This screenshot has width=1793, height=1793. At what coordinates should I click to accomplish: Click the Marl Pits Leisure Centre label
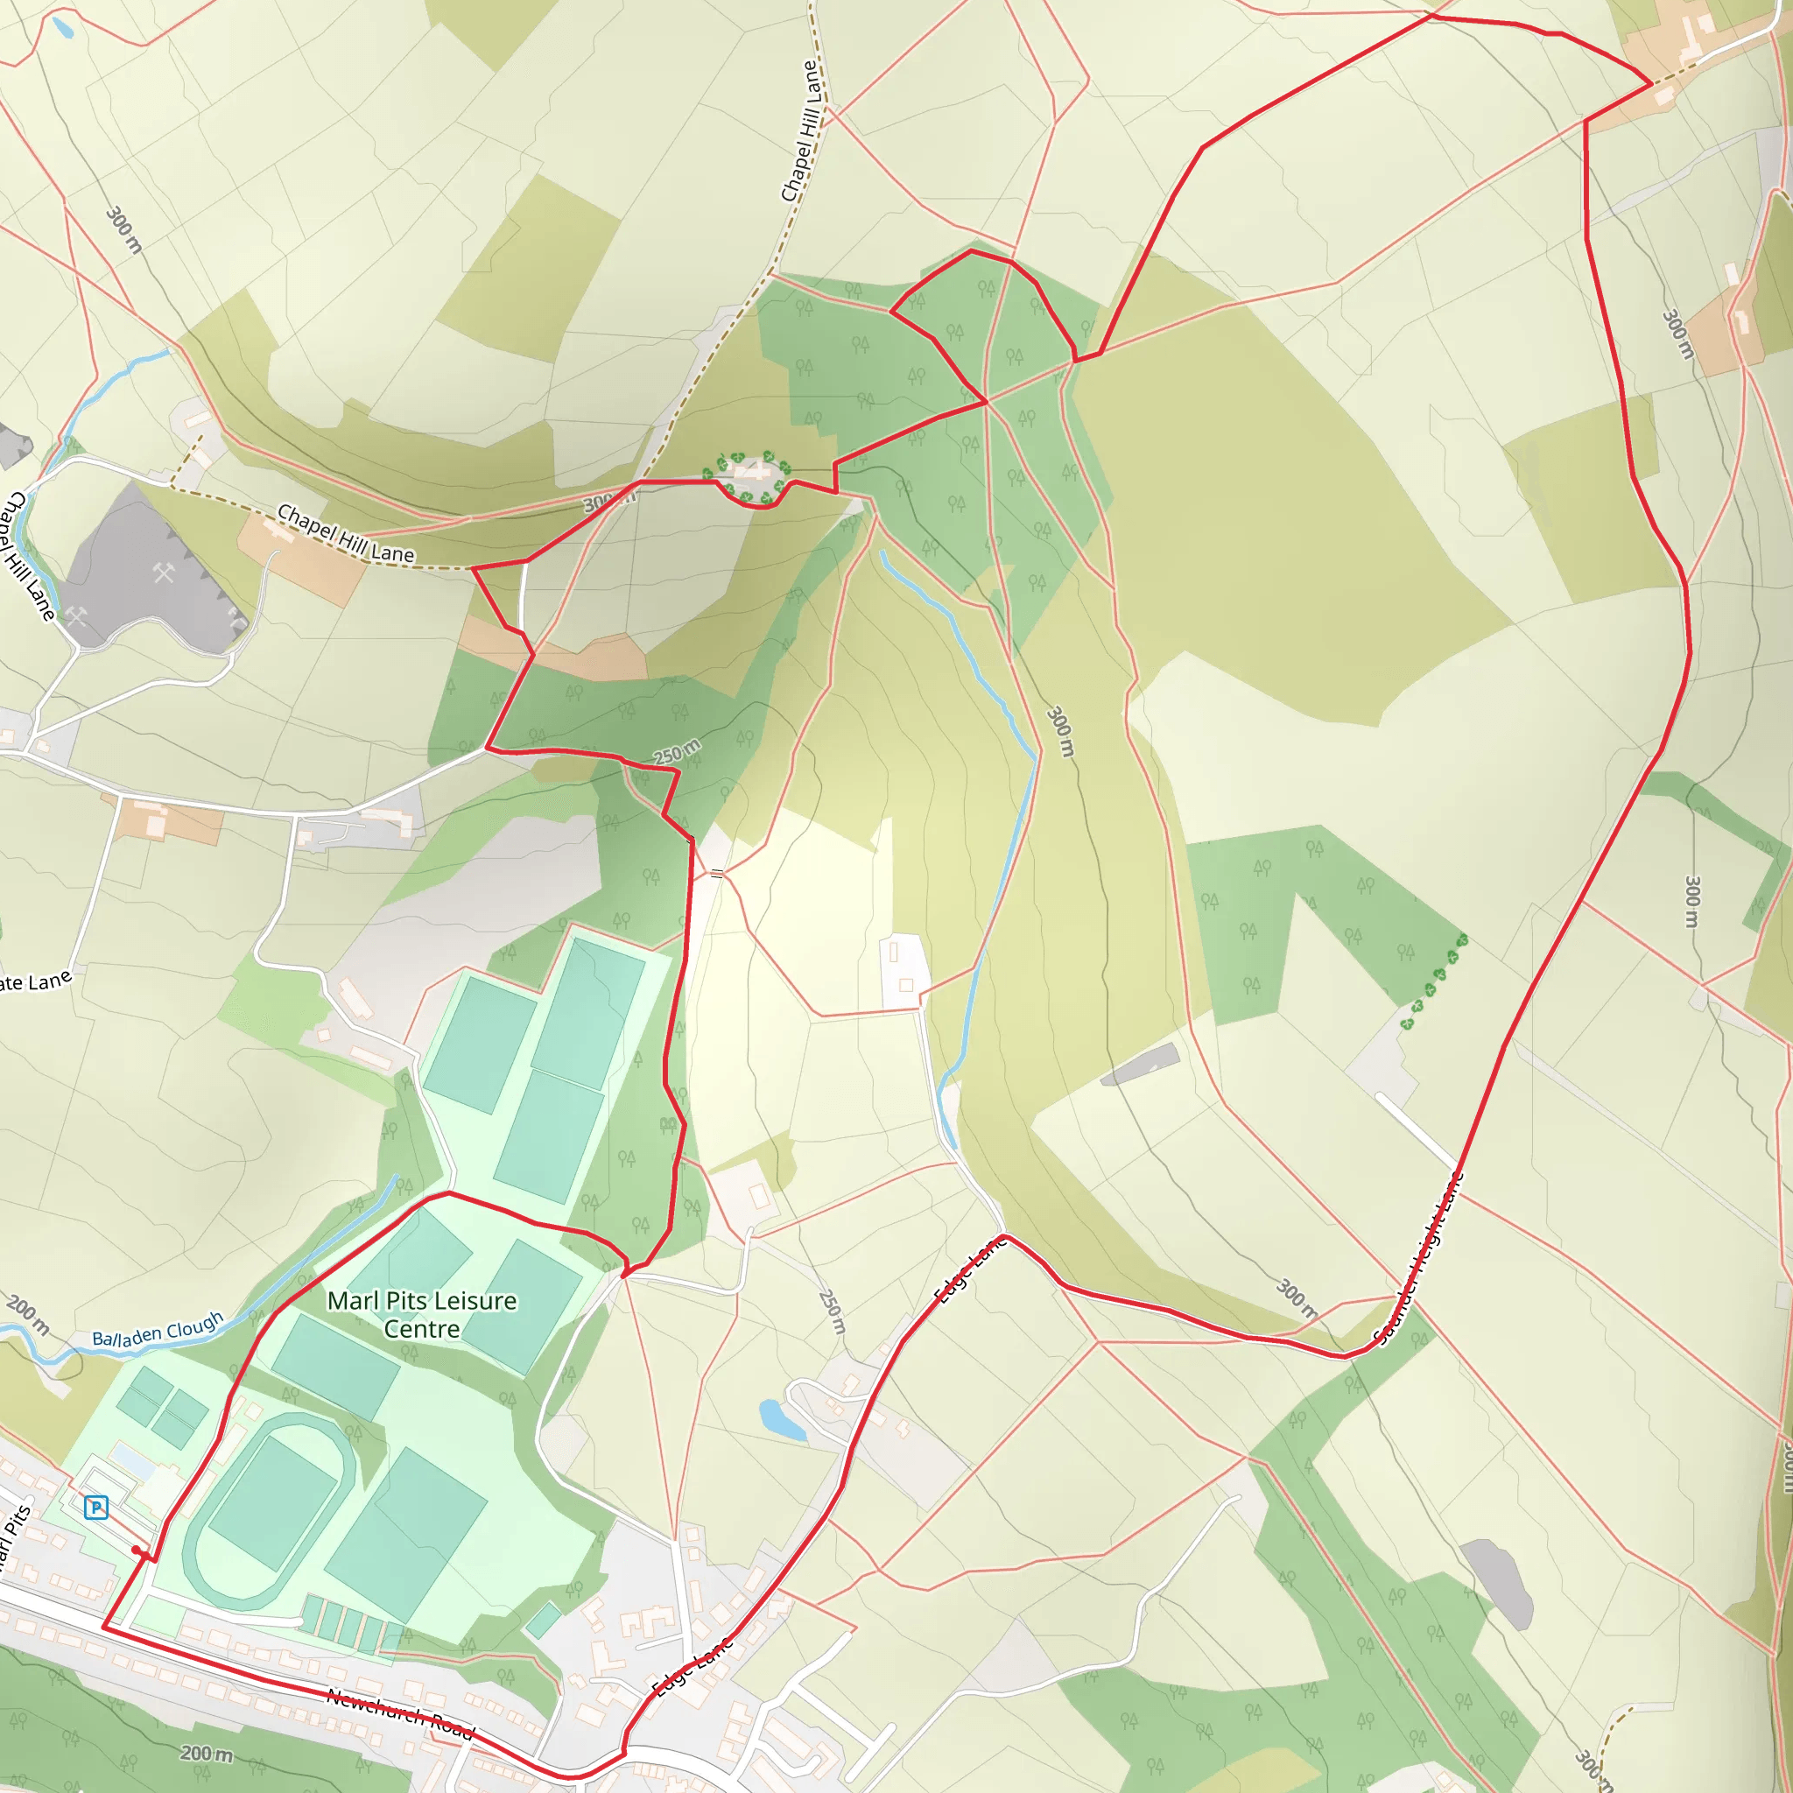coord(421,1314)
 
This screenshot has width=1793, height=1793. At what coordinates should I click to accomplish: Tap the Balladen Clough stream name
coord(158,1330)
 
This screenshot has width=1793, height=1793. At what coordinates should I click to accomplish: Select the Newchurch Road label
coord(400,1713)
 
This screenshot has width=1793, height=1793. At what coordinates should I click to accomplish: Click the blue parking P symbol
coord(95,1508)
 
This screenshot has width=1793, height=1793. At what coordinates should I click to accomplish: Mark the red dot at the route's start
coord(137,1550)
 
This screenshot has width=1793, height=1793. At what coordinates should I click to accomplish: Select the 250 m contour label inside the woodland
coord(678,752)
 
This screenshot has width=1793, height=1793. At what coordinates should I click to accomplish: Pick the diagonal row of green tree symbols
coord(1435,983)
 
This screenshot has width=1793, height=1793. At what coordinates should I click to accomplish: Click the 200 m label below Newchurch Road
coord(206,1753)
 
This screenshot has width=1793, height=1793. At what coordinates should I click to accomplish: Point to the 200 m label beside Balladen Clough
coord(28,1314)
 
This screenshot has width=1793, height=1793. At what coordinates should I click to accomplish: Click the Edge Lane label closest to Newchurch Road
coord(693,1666)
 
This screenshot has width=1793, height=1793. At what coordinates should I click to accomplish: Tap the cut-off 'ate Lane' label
coord(35,982)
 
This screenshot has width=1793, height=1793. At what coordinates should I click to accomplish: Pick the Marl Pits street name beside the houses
coord(14,1541)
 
